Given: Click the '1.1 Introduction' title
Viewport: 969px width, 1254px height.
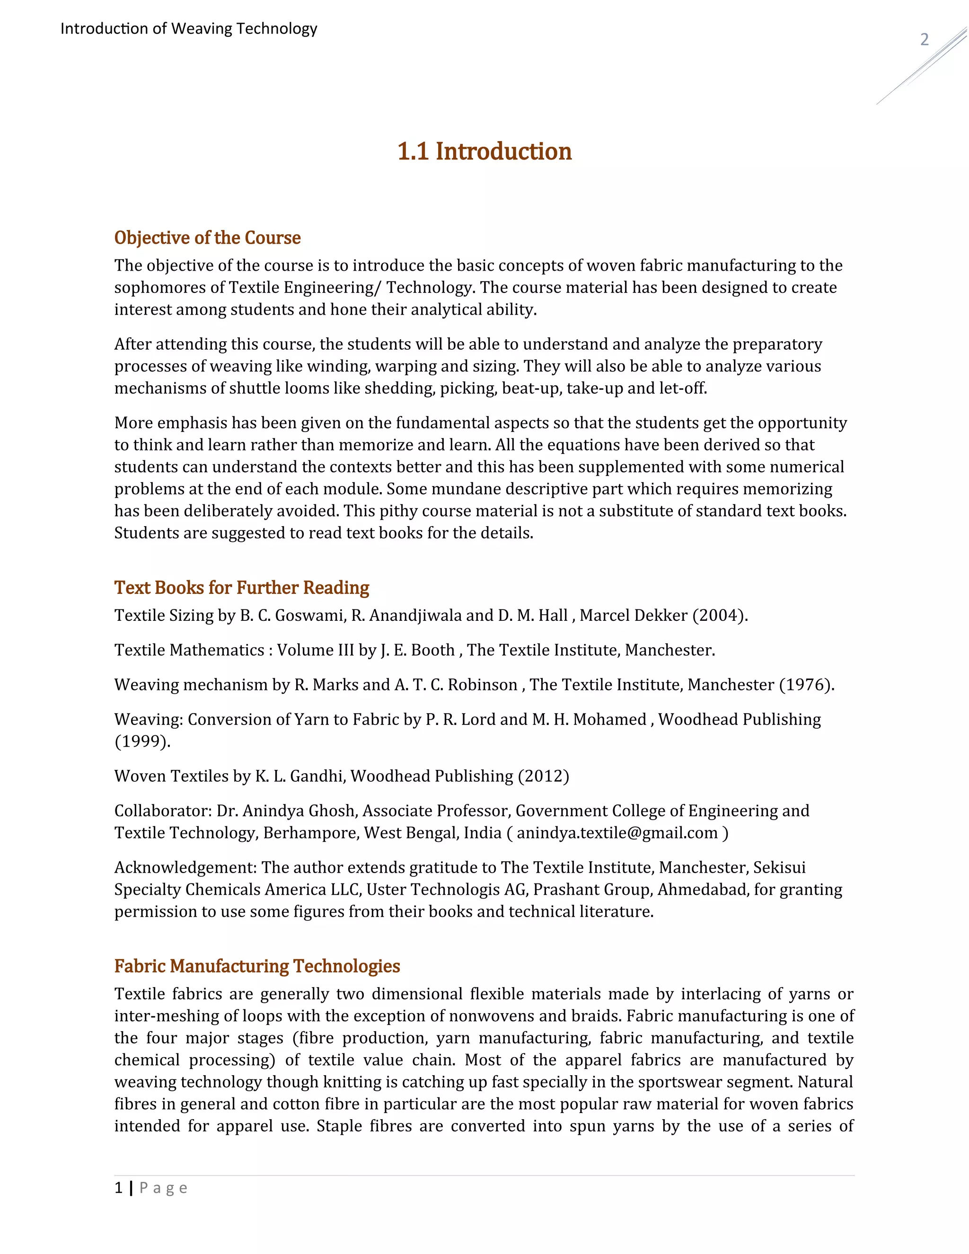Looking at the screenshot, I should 484,151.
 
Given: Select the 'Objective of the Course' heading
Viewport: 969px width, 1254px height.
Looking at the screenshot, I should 207,238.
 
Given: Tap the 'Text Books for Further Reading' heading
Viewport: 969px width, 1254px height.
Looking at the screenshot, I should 242,587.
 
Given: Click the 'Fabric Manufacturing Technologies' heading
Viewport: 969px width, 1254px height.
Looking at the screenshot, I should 257,966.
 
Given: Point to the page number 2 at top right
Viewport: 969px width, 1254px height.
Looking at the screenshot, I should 924,40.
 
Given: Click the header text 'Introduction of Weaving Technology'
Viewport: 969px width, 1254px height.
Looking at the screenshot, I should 189,29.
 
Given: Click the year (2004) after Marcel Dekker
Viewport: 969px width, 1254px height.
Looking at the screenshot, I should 720,616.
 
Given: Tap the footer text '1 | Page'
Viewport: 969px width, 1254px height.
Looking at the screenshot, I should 151,1188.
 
